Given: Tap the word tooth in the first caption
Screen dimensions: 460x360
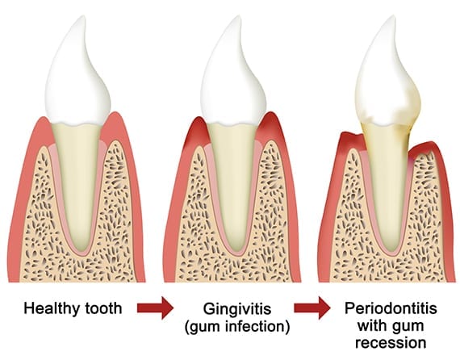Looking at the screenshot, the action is tap(103, 308).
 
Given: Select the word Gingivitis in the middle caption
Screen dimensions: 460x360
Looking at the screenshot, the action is tap(237, 310).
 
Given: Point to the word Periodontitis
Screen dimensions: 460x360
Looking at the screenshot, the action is tap(391, 308).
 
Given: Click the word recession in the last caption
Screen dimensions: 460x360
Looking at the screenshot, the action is tap(391, 343).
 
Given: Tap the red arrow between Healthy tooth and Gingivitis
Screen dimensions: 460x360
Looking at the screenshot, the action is tap(155, 308).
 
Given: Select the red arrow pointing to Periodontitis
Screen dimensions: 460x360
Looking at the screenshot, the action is tap(312, 308).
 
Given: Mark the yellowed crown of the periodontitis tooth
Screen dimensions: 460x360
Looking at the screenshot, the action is tap(387, 77).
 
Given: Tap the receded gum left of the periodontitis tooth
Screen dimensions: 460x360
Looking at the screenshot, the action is tap(350, 140).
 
